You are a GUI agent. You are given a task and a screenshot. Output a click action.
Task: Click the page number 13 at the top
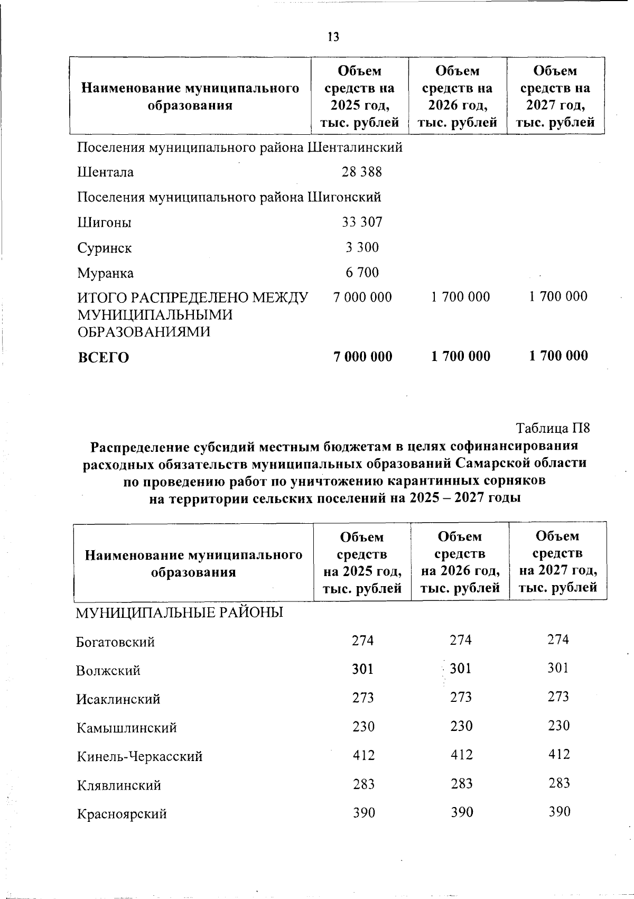point(333,36)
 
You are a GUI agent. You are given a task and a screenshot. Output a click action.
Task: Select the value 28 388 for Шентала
point(362,172)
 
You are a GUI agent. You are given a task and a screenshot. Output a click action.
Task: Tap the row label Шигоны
point(104,223)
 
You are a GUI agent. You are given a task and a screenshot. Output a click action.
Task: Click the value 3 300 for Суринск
point(362,247)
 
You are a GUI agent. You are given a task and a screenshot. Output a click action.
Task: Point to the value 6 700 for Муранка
point(362,273)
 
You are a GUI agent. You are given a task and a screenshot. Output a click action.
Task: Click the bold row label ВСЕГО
point(104,358)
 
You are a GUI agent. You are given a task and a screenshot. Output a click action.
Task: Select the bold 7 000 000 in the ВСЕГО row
point(362,357)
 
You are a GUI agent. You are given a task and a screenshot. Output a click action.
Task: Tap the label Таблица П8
point(553,428)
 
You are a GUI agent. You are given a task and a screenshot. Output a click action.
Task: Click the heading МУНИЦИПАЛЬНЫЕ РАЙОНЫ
point(180,613)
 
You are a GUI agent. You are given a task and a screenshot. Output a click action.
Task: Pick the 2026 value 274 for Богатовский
point(461,640)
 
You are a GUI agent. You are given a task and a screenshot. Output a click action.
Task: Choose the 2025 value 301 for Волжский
point(363,669)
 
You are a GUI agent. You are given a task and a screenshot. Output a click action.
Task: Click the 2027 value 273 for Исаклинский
point(558,697)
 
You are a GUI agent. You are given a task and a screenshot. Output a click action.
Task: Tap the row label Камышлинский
point(126,728)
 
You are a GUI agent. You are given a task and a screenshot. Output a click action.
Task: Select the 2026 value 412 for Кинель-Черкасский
point(461,755)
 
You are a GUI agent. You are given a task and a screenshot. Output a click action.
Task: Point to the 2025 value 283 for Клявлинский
point(363,784)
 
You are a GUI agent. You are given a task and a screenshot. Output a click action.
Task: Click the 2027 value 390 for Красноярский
point(559,811)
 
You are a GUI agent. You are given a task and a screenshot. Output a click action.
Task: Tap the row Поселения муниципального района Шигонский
point(229,197)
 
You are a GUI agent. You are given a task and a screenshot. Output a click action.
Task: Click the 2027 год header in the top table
point(555,105)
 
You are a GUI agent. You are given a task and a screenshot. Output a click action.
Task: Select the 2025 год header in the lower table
point(362,571)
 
